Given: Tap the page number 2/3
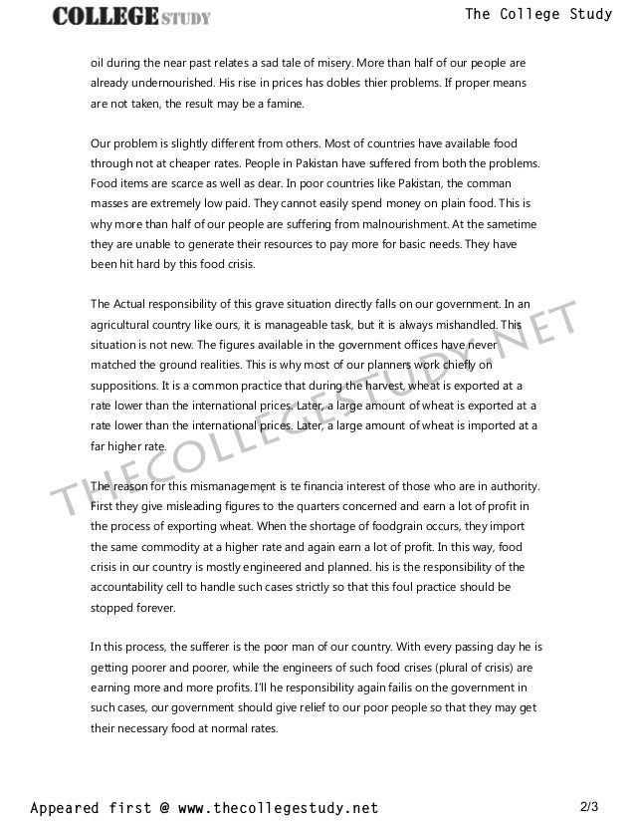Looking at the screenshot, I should [x=590, y=804].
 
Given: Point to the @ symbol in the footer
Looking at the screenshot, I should [x=164, y=805].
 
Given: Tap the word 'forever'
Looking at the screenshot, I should [x=155, y=608].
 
